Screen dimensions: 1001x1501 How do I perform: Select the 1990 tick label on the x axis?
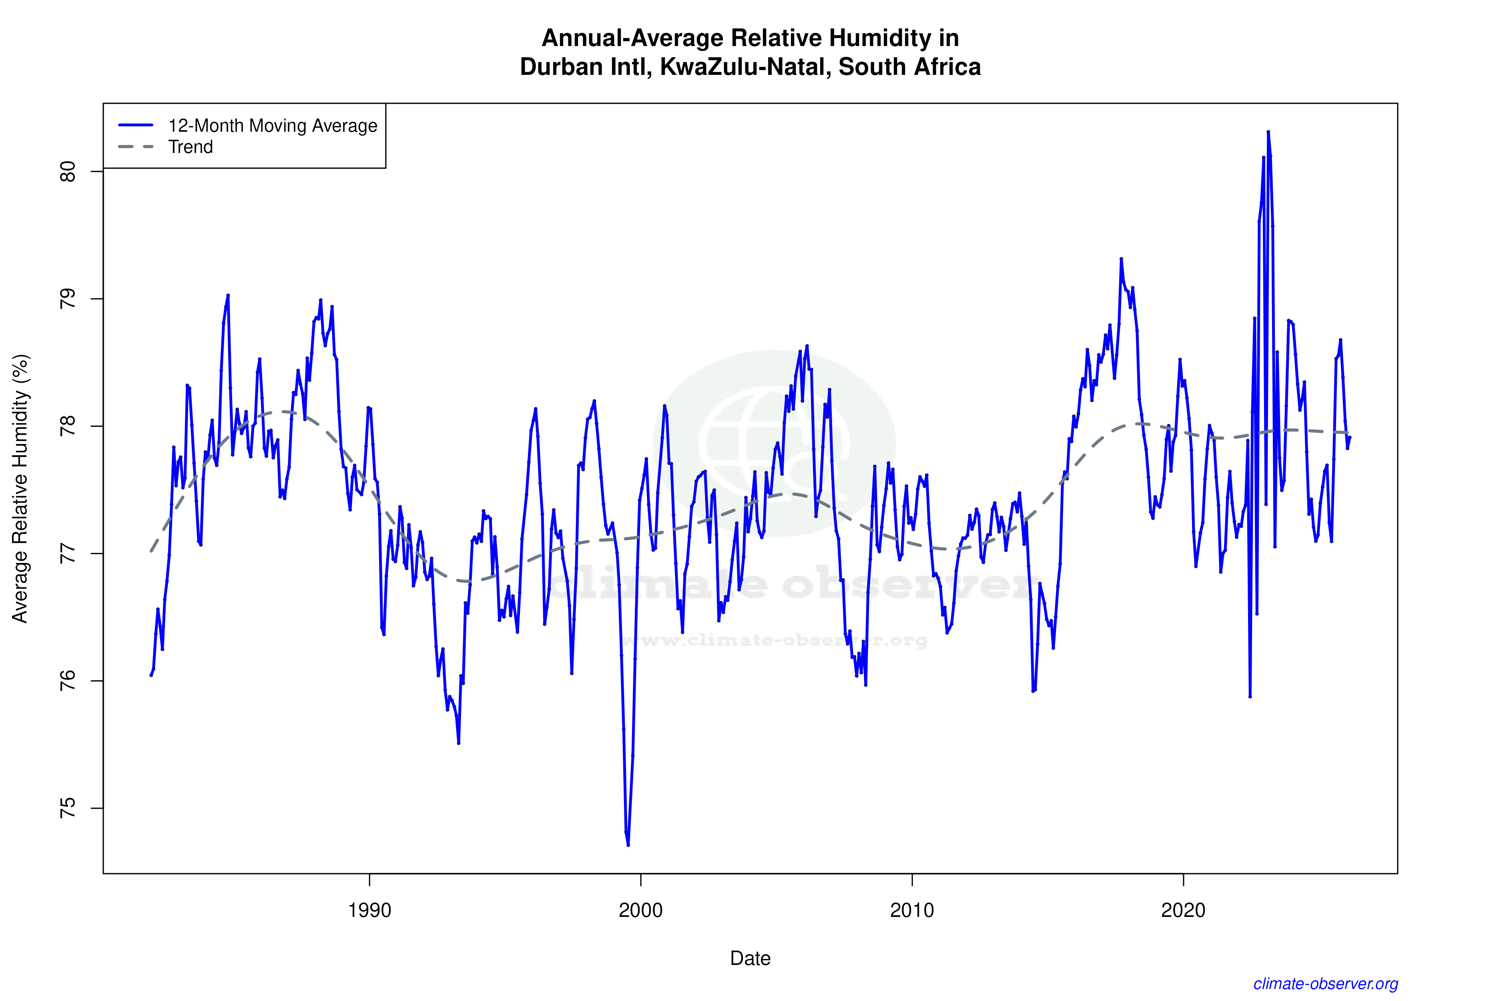[369, 910]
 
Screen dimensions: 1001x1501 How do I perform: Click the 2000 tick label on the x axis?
[641, 910]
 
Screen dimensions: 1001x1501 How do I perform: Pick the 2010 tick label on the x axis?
[912, 910]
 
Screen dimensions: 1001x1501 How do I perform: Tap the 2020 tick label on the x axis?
[1183, 910]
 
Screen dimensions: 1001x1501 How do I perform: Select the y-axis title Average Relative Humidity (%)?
[20, 488]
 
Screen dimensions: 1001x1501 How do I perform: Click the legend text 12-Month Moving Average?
[273, 126]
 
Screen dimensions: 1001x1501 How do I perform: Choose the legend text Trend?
[190, 147]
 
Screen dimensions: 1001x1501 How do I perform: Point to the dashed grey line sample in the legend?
[136, 147]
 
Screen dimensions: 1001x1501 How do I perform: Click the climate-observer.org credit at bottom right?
[1326, 984]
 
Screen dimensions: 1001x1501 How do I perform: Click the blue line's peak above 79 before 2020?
[1121, 259]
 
